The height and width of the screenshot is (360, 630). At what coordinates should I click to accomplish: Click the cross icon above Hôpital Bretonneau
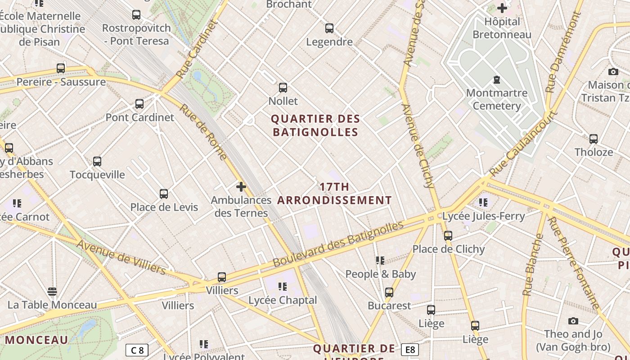(x=502, y=8)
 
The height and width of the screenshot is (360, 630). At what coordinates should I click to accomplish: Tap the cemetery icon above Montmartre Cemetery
(x=497, y=80)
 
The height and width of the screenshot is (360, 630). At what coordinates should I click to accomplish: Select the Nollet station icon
(x=283, y=87)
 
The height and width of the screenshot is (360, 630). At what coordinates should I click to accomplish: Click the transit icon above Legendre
(x=329, y=28)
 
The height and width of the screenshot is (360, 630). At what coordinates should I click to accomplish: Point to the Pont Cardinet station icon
(x=139, y=104)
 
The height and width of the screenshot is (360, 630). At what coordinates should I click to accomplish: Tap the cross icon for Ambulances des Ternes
(x=241, y=186)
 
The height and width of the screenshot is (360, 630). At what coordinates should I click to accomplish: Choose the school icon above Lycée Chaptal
(x=283, y=286)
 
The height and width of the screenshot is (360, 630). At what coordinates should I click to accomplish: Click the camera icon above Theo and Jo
(x=573, y=321)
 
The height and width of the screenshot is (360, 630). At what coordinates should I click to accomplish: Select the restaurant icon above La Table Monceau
(x=52, y=292)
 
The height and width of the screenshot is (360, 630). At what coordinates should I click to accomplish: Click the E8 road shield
(x=409, y=350)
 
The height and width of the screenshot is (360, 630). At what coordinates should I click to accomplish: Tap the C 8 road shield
(x=137, y=350)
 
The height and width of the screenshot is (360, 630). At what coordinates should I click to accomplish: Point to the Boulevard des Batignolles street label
(x=338, y=243)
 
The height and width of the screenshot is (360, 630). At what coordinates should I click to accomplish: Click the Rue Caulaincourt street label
(x=523, y=143)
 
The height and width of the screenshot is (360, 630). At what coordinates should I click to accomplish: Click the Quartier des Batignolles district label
(x=315, y=126)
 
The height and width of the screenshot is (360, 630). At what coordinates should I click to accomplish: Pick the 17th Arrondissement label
(x=334, y=193)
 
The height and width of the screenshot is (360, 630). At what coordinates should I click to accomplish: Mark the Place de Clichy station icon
(x=448, y=235)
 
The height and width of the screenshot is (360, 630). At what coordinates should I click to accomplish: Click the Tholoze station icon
(x=594, y=139)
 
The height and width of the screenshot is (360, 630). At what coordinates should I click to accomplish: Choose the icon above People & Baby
(x=380, y=260)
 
